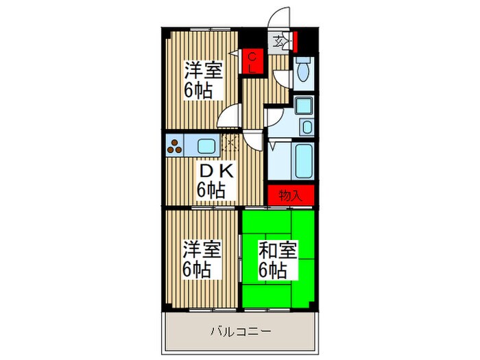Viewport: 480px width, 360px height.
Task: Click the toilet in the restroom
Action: (x=304, y=70)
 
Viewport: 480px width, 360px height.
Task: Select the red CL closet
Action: (x=252, y=62)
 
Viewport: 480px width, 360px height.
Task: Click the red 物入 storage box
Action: (x=291, y=195)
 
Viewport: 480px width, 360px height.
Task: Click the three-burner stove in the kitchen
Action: (x=175, y=146)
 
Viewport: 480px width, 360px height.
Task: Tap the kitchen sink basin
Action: (x=206, y=145)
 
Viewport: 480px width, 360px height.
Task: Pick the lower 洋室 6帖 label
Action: (x=202, y=259)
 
